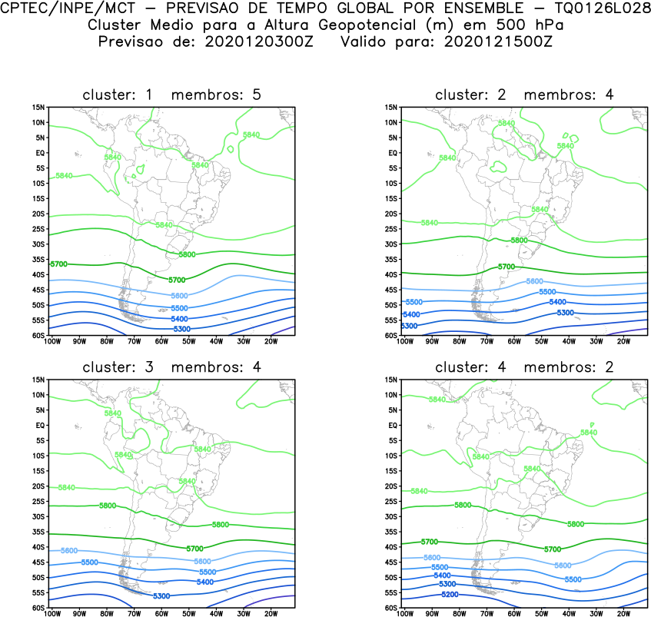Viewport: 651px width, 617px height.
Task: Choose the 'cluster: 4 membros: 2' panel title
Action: point(524,367)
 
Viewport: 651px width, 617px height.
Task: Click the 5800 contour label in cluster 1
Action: point(188,254)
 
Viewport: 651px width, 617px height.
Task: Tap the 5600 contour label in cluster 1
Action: point(179,296)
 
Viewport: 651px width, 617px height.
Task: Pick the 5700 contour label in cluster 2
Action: point(505,267)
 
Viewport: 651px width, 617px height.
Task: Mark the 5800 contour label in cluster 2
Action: point(520,240)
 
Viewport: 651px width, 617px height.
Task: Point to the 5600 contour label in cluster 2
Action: point(534,281)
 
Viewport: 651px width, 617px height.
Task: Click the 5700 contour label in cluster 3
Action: point(195,548)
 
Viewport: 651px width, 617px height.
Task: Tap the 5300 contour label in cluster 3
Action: point(161,596)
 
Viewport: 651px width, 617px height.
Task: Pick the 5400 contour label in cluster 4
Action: point(442,576)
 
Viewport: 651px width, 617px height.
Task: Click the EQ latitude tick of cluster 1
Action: point(41,153)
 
